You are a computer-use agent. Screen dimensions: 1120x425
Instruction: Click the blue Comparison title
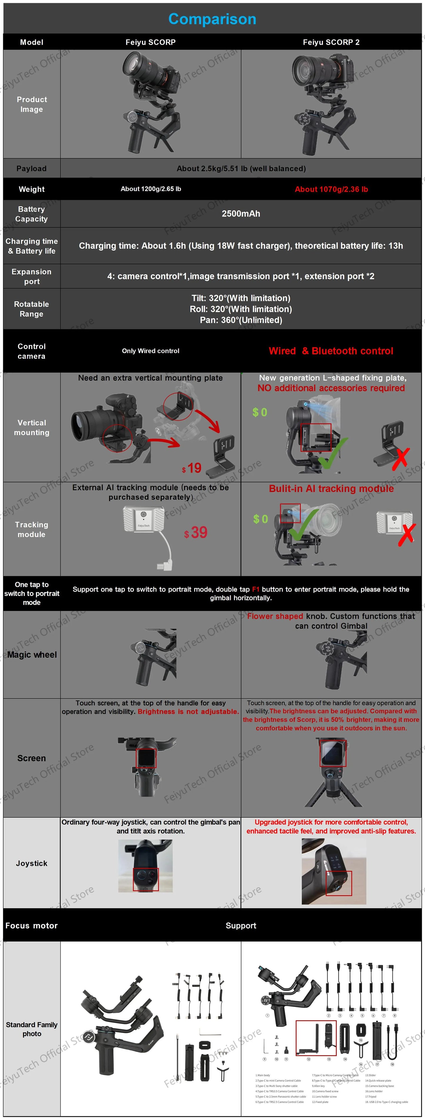212,19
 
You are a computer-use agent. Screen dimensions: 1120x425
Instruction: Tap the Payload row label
31,168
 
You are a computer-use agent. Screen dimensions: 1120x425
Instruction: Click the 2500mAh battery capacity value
241,213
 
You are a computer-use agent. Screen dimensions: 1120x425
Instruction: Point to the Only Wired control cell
150,351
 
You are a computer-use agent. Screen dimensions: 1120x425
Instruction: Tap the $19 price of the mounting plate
192,468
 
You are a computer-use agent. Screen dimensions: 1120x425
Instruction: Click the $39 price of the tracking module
196,533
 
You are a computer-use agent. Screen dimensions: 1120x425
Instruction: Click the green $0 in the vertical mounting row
260,412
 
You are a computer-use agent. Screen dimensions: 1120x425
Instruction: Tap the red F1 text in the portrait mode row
256,589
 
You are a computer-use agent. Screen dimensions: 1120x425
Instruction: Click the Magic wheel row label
32,655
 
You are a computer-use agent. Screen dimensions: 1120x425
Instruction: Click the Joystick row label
31,863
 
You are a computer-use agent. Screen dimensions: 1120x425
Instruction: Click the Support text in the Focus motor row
241,926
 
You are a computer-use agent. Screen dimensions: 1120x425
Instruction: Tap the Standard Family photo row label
32,1029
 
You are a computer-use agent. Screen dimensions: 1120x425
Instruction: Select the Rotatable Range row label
31,309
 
